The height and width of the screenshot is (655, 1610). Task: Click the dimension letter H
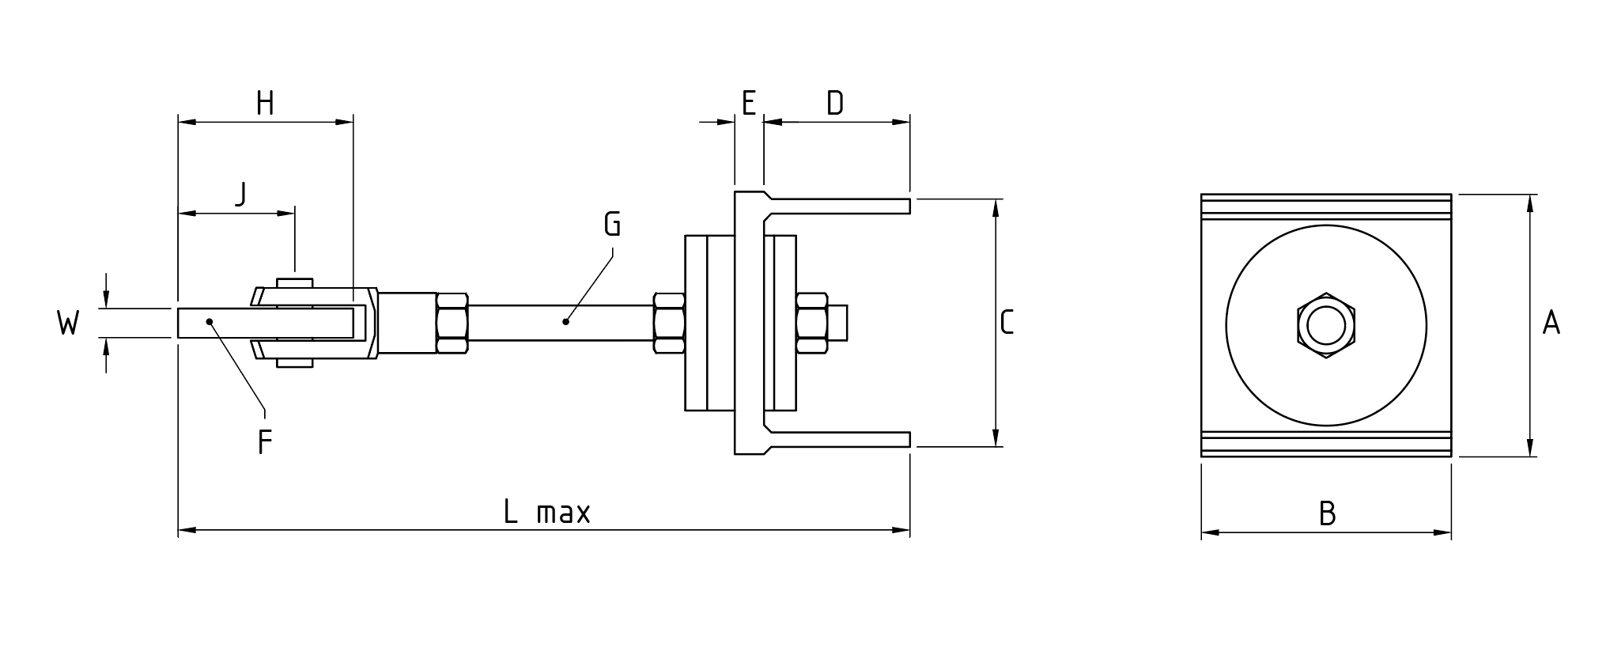265,103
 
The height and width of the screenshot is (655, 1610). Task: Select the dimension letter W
68,323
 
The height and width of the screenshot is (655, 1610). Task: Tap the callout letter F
265,442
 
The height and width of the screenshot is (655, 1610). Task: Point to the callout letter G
612,224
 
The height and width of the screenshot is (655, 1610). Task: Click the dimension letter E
748,103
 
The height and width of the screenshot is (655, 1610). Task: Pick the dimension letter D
835,103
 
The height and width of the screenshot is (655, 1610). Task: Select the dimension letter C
1007,323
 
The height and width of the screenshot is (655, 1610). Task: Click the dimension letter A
1551,323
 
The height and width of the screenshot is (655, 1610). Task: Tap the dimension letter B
1327,514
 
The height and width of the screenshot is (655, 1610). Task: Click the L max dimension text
546,513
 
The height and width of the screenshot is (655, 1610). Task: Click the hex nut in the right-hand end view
1326,325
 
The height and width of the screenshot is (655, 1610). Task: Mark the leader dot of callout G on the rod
565,321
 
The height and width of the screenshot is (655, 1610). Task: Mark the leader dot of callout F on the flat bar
210,321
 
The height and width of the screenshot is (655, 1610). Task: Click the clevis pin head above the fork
294,282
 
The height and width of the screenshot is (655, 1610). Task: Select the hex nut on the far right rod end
812,323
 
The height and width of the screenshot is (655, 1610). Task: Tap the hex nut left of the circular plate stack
669,323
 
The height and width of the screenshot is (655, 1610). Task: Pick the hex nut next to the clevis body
452,323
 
